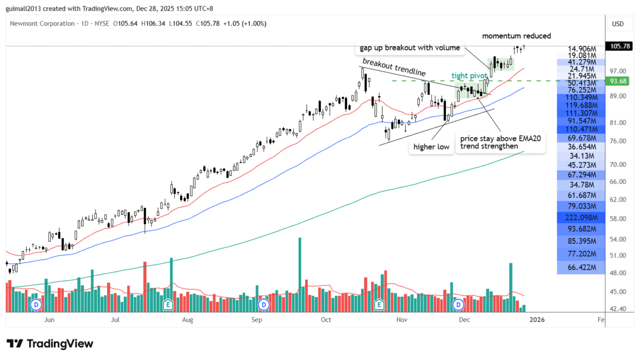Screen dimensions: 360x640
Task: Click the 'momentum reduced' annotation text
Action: pyautogui.click(x=516, y=36)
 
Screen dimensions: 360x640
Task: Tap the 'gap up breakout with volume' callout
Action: pyautogui.click(x=410, y=48)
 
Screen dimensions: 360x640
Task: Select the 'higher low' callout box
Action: pyautogui.click(x=431, y=146)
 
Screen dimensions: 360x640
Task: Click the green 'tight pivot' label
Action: pyautogui.click(x=469, y=75)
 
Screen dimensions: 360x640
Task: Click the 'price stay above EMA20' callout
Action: pyautogui.click(x=500, y=142)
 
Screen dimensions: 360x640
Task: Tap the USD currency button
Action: pyautogui.click(x=618, y=23)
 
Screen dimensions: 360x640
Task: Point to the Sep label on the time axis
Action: pyautogui.click(x=257, y=320)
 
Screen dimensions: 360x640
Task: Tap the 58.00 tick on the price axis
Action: pyautogui.click(x=618, y=219)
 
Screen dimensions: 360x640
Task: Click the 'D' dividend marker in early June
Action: pyautogui.click(x=36, y=305)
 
